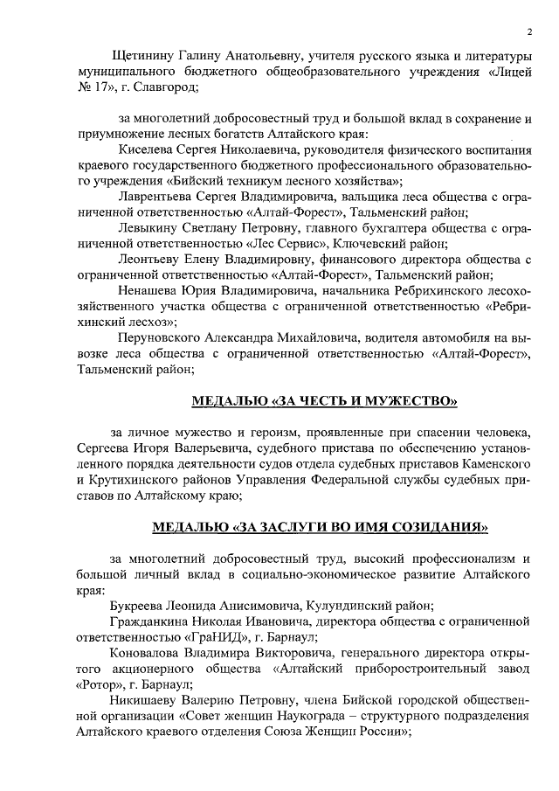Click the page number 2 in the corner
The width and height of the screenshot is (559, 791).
[529, 32]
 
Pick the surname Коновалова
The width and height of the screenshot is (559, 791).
[150, 652]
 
